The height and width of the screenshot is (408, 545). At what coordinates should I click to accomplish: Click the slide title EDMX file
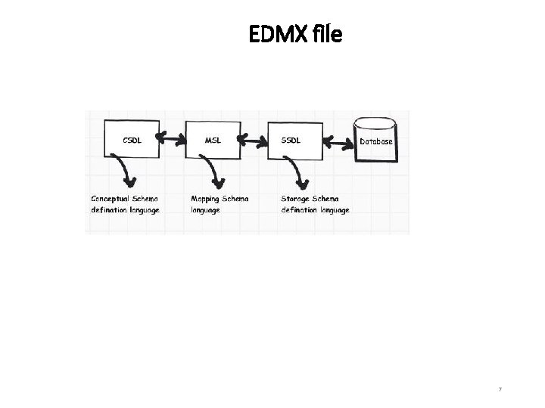pos(295,34)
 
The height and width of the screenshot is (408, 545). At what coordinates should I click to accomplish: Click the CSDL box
pos(132,138)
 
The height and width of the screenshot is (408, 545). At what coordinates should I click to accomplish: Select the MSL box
pos(213,138)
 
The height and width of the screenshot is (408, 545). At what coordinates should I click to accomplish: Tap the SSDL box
pos(294,138)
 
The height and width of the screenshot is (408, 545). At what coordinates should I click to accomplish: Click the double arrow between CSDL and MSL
pos(173,139)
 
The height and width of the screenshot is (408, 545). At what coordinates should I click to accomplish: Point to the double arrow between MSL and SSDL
pos(254,139)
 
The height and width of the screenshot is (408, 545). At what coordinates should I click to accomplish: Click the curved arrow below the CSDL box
pos(125,171)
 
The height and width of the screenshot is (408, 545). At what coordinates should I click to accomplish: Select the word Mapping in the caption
pos(205,199)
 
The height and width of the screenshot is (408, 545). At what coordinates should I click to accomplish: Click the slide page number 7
pos(500,389)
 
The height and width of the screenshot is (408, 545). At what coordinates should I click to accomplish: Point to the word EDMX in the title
pos(276,34)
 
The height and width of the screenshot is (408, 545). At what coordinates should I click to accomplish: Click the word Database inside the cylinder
pos(376,142)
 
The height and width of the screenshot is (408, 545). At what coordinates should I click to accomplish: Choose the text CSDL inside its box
pos(132,139)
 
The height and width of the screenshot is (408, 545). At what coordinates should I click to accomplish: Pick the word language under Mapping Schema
pos(205,210)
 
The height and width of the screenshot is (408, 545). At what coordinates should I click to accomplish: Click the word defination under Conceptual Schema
pos(109,210)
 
